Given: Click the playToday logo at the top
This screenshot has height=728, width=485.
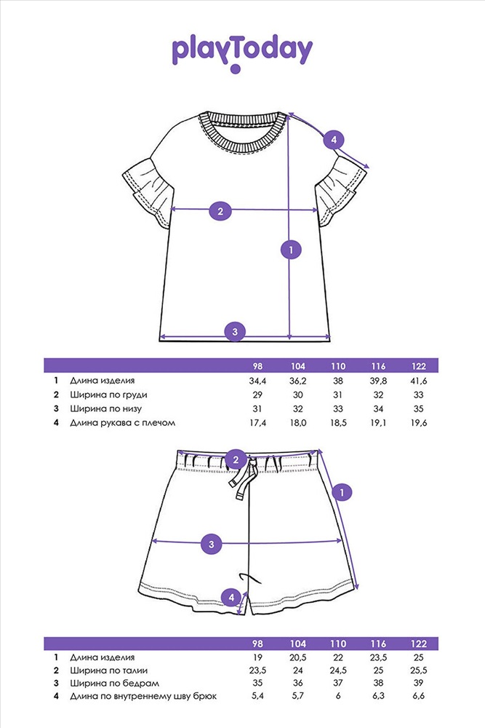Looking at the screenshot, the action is [x=242, y=53].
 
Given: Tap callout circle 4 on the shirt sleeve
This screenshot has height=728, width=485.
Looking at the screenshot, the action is [x=333, y=139].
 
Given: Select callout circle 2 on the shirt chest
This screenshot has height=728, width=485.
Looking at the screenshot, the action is [x=220, y=211].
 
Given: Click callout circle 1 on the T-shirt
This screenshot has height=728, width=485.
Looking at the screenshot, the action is [x=291, y=250].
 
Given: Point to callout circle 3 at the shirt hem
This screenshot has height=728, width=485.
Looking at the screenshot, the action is [x=235, y=331].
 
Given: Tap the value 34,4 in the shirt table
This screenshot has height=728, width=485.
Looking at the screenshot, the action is [x=257, y=381].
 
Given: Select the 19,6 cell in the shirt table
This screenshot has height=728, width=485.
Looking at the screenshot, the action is [x=418, y=423].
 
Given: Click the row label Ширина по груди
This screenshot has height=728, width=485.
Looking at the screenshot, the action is [x=108, y=395].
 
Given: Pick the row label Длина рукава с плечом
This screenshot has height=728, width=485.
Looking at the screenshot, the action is [x=123, y=423].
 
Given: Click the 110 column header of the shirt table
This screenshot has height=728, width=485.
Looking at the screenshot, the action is [x=338, y=366].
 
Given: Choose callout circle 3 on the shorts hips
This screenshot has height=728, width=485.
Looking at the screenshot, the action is [x=212, y=544].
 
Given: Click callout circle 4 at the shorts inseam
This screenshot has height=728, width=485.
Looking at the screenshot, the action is [x=231, y=598].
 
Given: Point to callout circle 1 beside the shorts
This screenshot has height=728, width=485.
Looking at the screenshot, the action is [x=342, y=492].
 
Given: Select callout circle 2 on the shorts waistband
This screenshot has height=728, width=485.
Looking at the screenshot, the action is [x=236, y=459].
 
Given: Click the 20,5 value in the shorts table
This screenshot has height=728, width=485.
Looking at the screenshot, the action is [x=297, y=657].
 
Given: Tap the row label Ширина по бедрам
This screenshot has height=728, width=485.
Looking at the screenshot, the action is [x=115, y=684].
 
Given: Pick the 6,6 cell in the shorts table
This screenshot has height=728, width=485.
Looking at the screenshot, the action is [x=418, y=696].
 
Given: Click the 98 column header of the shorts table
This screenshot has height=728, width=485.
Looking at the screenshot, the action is [x=257, y=644].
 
